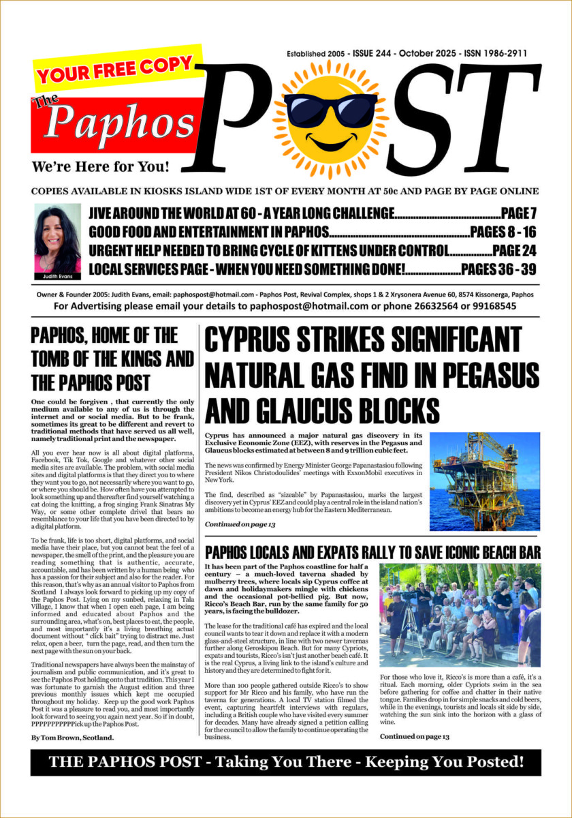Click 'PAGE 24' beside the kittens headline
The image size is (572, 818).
(514, 250)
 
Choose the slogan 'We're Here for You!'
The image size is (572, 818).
(100, 166)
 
